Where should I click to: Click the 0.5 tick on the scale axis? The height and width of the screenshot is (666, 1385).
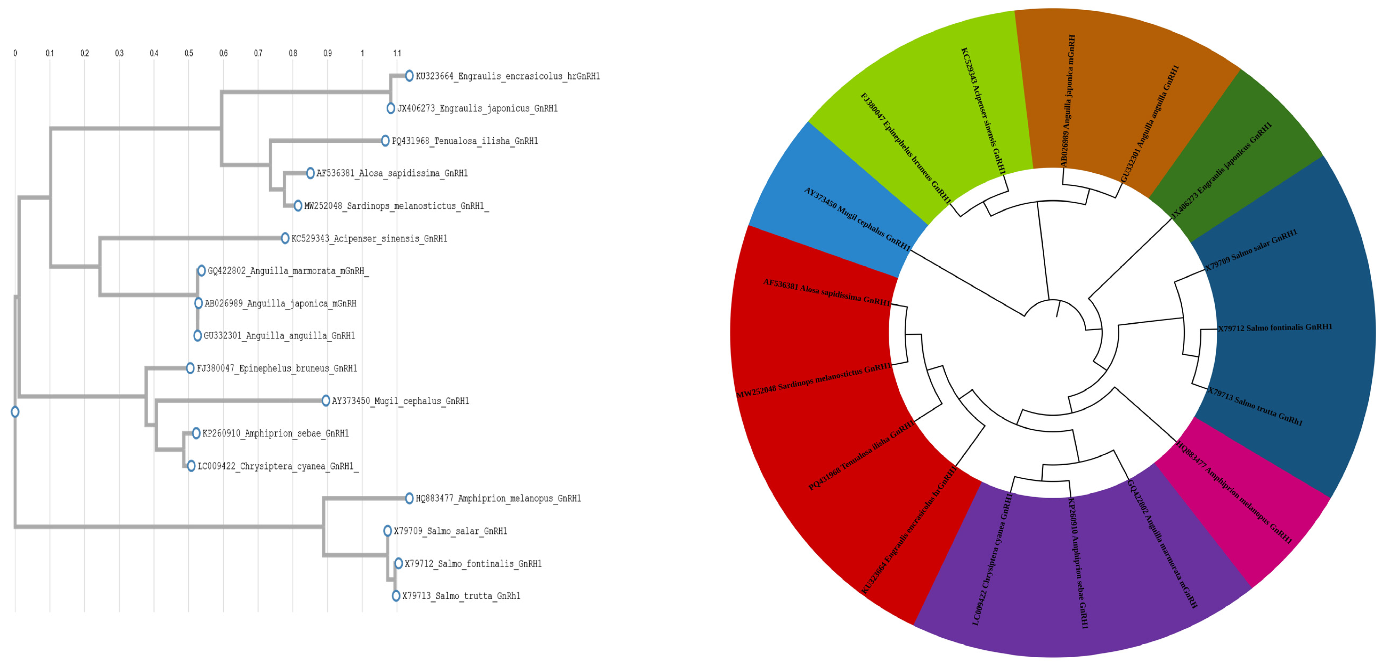(x=189, y=53)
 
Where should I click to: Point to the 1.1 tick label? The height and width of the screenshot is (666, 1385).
(x=397, y=53)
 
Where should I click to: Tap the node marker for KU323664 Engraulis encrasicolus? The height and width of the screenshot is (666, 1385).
(x=409, y=76)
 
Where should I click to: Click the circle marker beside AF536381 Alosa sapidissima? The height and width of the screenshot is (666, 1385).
(x=310, y=173)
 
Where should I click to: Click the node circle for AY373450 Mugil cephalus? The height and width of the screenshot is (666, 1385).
(x=326, y=400)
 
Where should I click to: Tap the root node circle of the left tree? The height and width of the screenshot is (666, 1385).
(x=15, y=412)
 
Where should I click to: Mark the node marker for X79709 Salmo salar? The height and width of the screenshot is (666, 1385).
(x=388, y=531)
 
